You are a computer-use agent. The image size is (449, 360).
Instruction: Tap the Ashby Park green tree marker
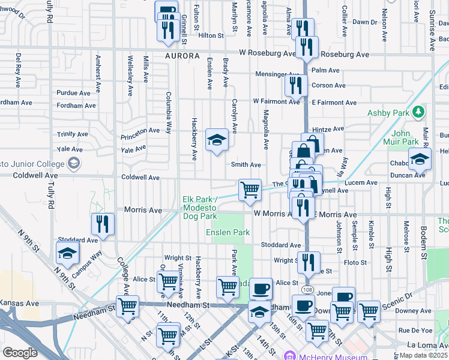coord(419,112)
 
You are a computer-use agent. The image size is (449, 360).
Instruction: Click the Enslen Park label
coord(228,232)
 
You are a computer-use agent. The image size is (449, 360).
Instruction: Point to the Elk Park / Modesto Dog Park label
coord(200,208)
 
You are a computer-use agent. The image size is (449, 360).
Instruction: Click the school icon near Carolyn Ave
coord(217,140)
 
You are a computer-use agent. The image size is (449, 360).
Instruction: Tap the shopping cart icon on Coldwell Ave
coord(250,190)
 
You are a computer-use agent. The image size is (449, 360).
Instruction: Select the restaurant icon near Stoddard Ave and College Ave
coord(103,224)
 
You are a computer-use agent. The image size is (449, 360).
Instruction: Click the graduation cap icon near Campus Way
coord(67,252)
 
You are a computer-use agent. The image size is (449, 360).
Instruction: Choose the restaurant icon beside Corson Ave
coord(296,85)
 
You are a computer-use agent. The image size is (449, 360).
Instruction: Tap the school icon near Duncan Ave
coord(420,158)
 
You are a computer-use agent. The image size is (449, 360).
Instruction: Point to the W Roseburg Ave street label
coord(267,53)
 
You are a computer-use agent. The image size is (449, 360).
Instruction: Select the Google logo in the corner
coord(20,353)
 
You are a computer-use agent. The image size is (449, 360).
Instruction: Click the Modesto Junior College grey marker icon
coord(73,163)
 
